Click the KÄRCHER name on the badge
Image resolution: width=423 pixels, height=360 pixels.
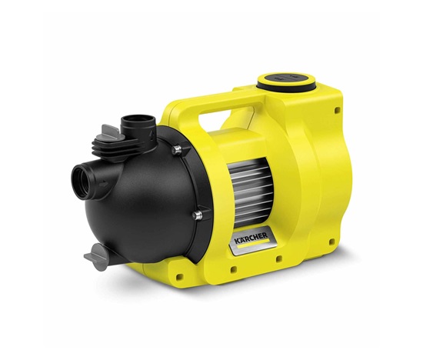click(x=251, y=238)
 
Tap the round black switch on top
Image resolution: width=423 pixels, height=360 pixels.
click(x=286, y=78)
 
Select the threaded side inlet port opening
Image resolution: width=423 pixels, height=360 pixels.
click(x=80, y=182)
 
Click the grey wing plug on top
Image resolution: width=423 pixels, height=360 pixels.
click(x=111, y=133)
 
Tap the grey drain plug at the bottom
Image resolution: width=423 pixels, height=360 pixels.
click(x=97, y=256)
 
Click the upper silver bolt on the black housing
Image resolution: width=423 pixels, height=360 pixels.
click(x=176, y=150)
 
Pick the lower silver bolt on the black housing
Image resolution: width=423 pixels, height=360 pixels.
click(x=198, y=215)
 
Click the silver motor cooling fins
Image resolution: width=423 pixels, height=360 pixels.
click(x=248, y=192)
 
